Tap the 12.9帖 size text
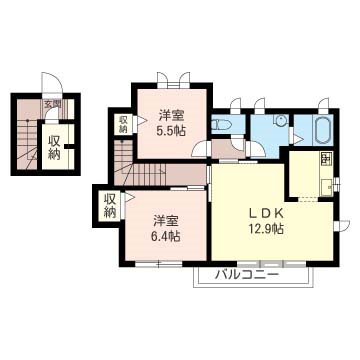pyautogui.click(x=265, y=229)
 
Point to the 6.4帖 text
pyautogui.click(x=166, y=236)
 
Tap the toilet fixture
pyautogui.click(x=223, y=125)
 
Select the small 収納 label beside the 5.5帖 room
pyautogui.click(x=124, y=124)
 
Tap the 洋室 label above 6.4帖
pyautogui.click(x=166, y=219)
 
